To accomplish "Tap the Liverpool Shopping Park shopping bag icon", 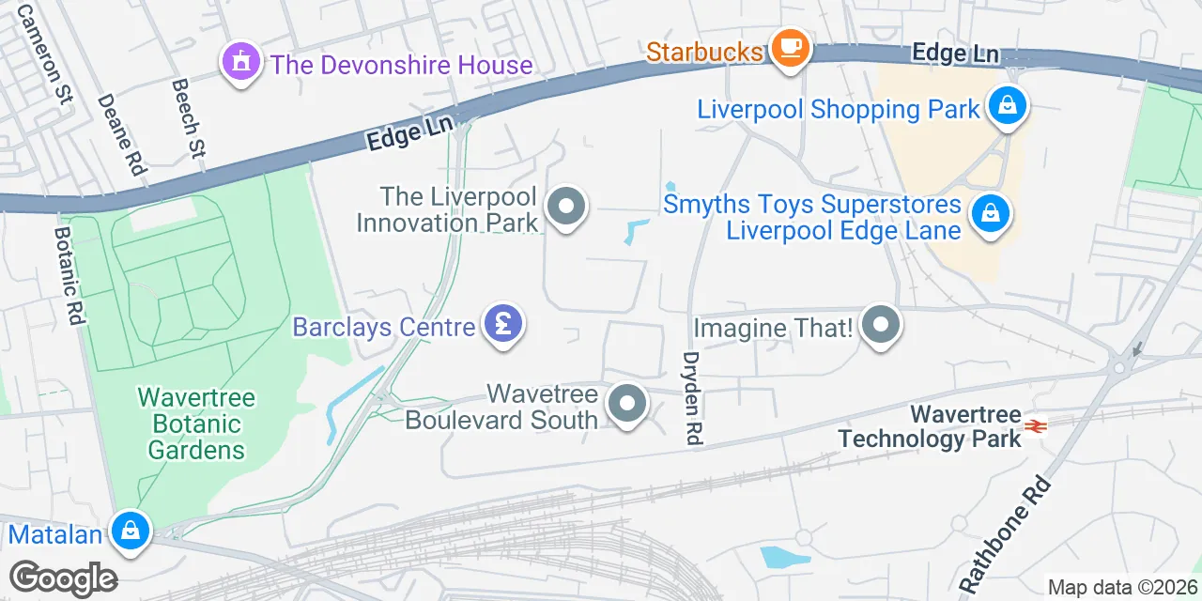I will tap(1007, 105).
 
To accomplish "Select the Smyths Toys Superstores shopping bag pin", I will tap(990, 213).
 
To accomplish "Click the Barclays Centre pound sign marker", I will tap(503, 325).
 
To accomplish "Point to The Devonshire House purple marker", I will tap(241, 63).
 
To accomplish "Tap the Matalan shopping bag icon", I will tap(131, 532).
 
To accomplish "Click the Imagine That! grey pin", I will tap(881, 326).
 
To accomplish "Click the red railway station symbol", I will tap(1036, 425).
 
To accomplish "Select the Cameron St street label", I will tap(45, 56).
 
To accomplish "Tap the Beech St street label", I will tap(189, 117).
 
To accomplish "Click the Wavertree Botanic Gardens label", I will tap(196, 424).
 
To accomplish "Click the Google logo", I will tap(63, 578).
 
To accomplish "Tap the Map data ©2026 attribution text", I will tap(1123, 588).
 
